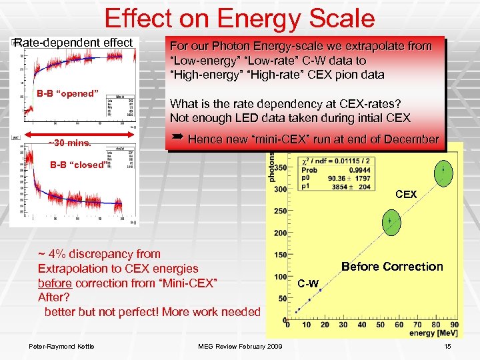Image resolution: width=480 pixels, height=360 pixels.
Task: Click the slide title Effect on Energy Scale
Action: [239, 18]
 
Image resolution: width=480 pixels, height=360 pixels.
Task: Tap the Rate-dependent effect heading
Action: [73, 43]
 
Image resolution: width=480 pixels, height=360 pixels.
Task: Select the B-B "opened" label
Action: [67, 93]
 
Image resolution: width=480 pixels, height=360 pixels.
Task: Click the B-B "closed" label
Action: [77, 165]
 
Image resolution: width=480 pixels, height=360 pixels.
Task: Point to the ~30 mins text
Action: [73, 143]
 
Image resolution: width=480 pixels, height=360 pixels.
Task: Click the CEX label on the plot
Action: [406, 195]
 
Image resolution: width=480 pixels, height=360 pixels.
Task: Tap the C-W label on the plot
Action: [308, 284]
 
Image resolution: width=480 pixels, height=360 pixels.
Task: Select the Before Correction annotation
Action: [392, 267]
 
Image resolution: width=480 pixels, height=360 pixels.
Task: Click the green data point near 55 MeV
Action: [391, 220]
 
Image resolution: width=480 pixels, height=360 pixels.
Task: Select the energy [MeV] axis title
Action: [433, 333]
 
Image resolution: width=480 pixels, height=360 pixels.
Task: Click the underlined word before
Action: [55, 283]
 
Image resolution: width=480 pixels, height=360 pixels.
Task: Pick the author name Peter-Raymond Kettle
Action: [61, 345]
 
